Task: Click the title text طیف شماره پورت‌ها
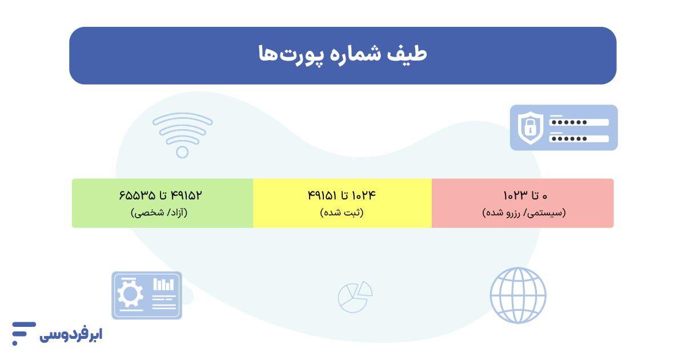343,55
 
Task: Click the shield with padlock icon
530,127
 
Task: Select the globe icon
518,295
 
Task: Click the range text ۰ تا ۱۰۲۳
525,195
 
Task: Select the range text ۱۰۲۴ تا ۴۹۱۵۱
342,195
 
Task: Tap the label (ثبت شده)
342,213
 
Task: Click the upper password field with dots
578,122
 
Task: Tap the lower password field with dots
578,138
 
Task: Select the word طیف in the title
411,55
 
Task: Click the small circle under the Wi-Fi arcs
182,152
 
